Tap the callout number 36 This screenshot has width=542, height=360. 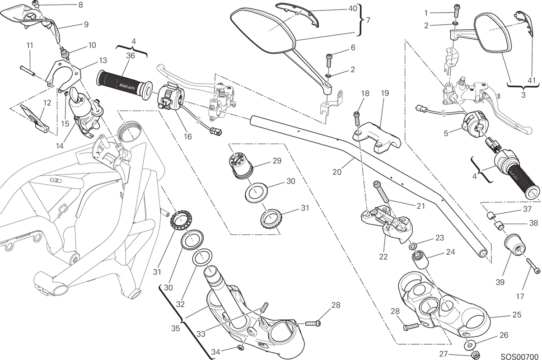click(131, 56)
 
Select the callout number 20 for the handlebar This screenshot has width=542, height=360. click(336, 172)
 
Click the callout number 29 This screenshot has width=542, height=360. click(277, 160)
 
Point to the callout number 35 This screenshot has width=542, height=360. click(175, 328)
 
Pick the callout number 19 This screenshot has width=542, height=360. click(384, 93)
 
